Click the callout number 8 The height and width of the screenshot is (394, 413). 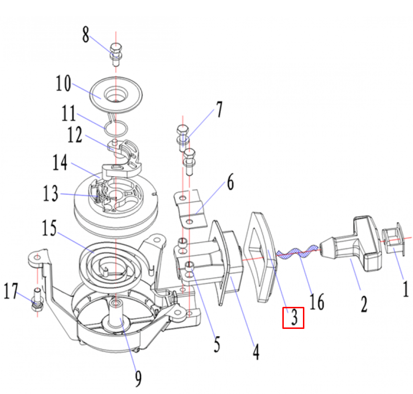coord(86,34)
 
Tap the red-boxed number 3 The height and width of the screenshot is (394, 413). coord(293,318)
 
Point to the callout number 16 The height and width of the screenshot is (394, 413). coord(316,302)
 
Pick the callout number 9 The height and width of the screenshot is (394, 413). coord(138,379)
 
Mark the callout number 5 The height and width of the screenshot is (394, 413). coord(217,344)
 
